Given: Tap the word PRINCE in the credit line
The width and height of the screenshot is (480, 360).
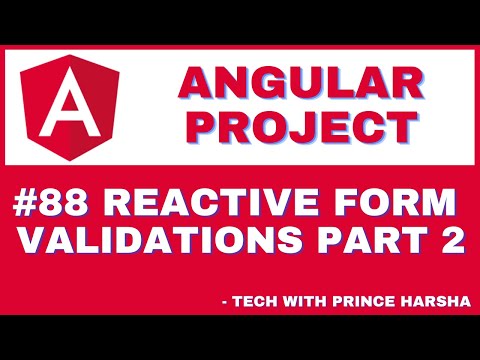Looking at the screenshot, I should pyautogui.click(x=366, y=298).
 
